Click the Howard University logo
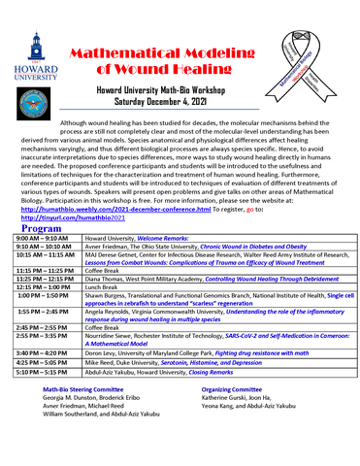click(35, 62)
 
